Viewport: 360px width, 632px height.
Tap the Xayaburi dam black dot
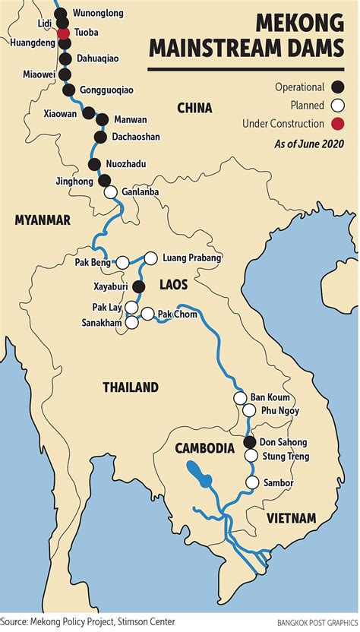point(138,286)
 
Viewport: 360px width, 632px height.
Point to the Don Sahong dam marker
point(250,442)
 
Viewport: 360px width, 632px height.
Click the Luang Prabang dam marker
point(150,258)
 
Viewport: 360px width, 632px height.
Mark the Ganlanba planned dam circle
point(110,192)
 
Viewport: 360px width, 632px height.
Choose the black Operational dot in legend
point(337,87)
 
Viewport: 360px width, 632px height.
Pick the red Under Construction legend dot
point(337,124)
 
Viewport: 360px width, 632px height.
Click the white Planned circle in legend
point(337,106)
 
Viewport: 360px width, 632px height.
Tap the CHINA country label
point(194,108)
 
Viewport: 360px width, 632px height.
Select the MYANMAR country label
point(42,220)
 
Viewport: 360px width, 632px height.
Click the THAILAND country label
point(131,387)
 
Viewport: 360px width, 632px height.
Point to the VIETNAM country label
point(291,518)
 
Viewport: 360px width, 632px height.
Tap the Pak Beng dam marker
point(122,262)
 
